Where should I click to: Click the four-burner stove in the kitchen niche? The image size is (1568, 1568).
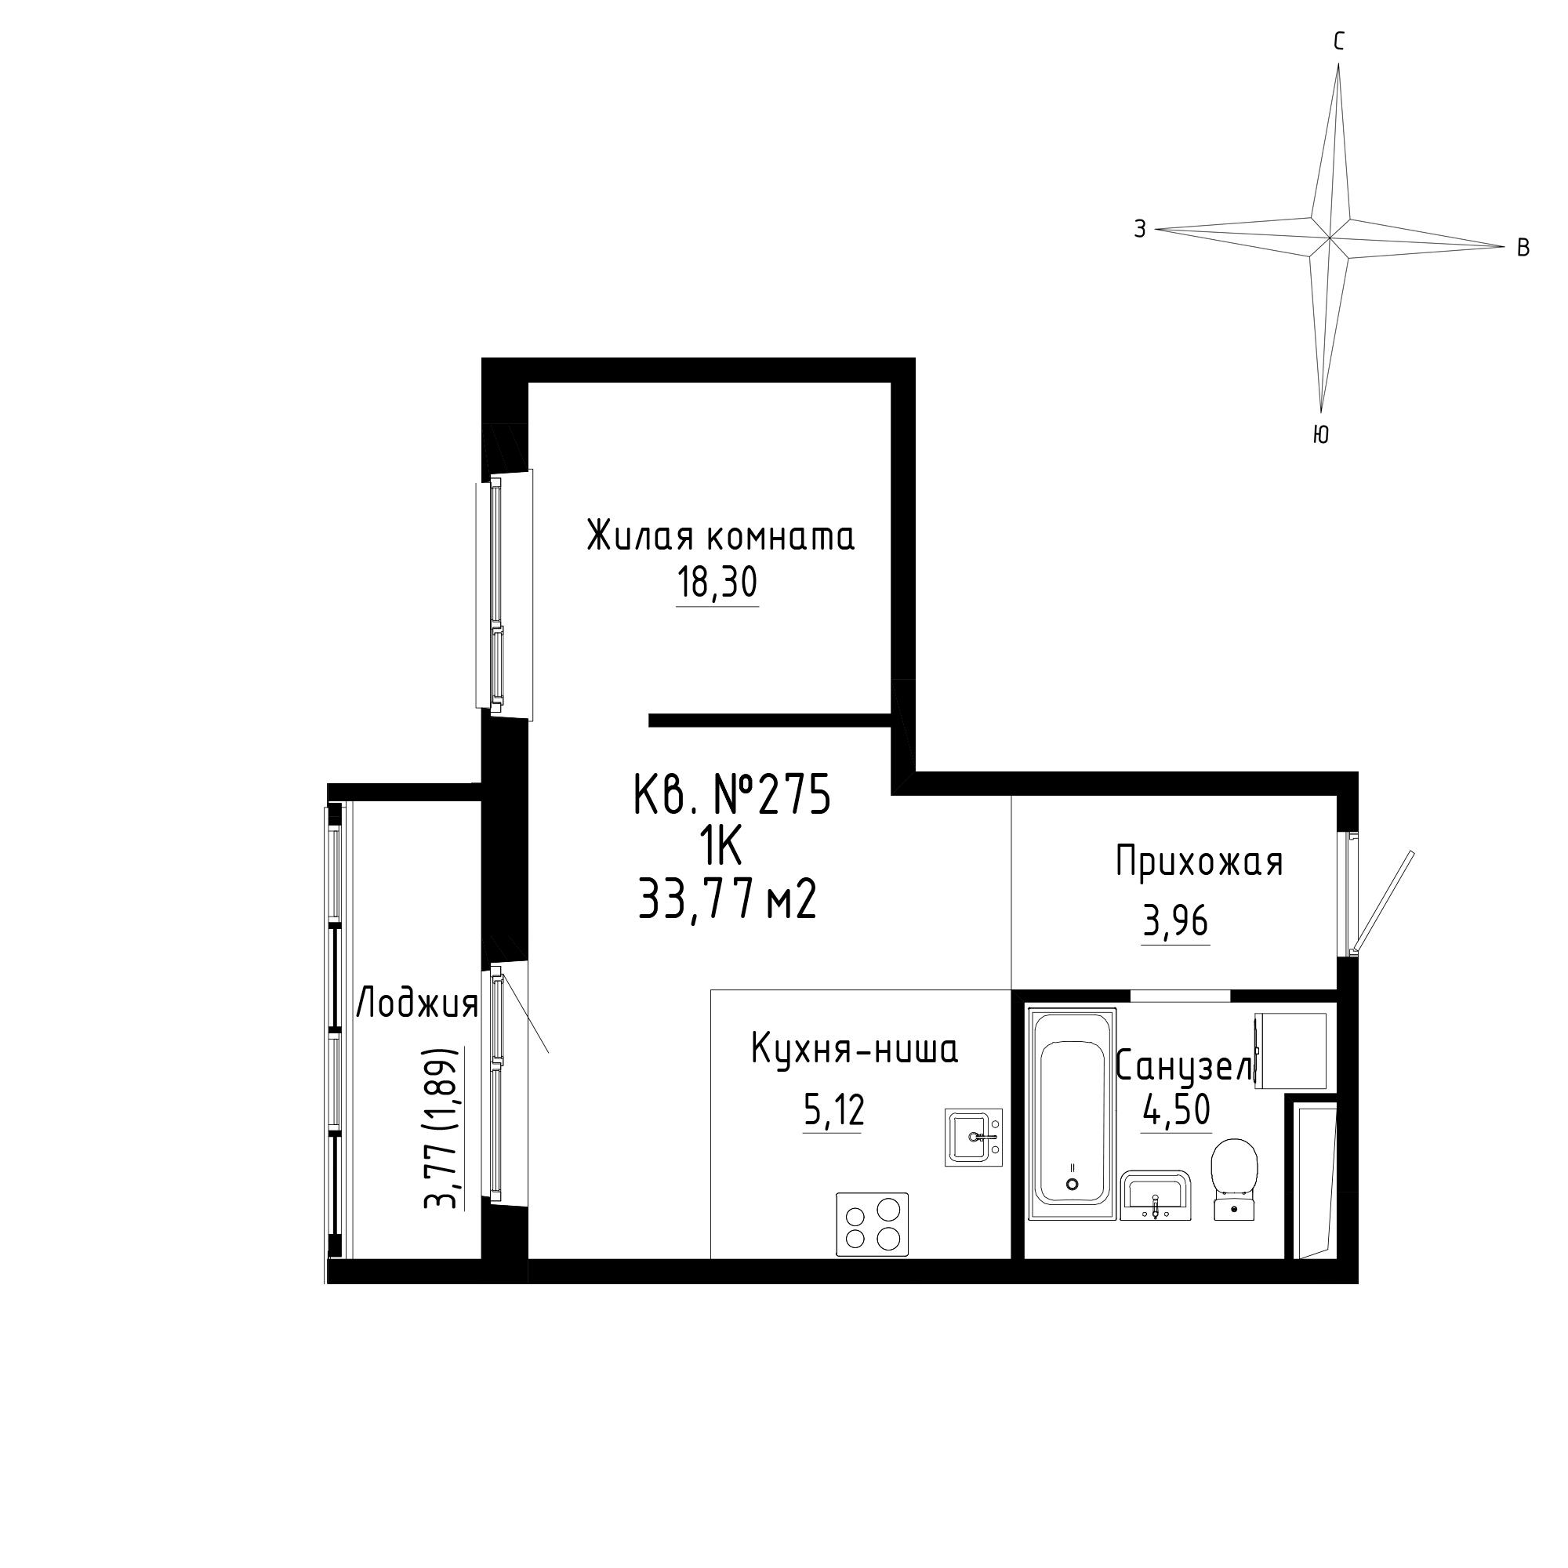pyautogui.click(x=873, y=1225)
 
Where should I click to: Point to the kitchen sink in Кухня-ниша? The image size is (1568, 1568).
pyautogui.click(x=973, y=1137)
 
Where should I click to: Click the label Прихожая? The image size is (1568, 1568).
pyautogui.click(x=1200, y=862)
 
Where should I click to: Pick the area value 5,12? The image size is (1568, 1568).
pyautogui.click(x=833, y=1110)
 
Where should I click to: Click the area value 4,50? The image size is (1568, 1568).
pyautogui.click(x=1176, y=1109)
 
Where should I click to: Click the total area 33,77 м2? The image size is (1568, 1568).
pyautogui.click(x=728, y=901)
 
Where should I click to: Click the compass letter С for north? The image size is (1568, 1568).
pyautogui.click(x=1339, y=42)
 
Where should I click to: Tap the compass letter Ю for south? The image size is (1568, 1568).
pyautogui.click(x=1320, y=436)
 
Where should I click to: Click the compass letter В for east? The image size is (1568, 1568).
pyautogui.click(x=1523, y=248)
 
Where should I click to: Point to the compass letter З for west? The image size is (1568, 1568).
pyautogui.click(x=1140, y=230)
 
